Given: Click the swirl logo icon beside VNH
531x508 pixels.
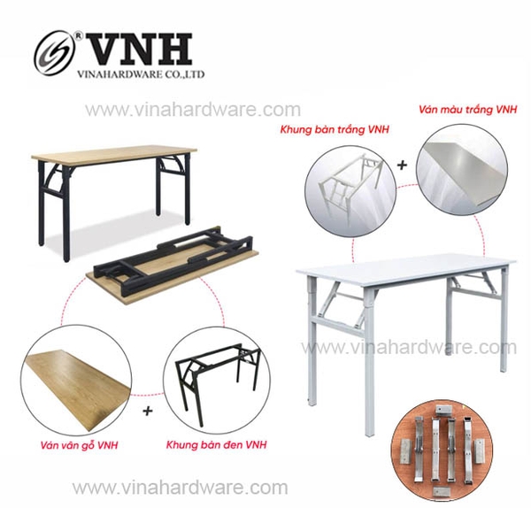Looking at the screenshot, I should click(56, 51).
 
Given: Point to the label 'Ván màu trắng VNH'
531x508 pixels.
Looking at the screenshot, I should click(466, 112).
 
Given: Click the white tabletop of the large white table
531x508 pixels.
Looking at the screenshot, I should click(407, 266).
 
